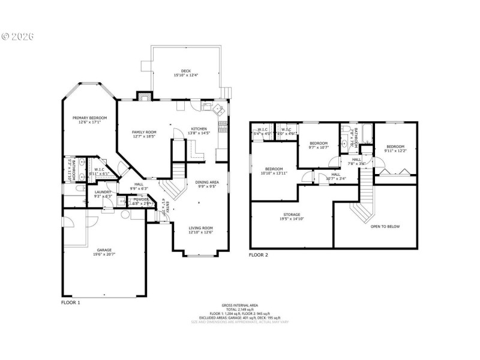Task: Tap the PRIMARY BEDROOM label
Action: tap(89, 118)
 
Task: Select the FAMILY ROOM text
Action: tap(144, 132)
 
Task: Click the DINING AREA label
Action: tap(206, 182)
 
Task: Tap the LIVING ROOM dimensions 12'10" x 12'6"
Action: tap(200, 232)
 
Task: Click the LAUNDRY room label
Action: tap(103, 192)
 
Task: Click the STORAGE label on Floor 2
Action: tap(292, 214)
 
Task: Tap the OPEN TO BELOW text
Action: tap(385, 226)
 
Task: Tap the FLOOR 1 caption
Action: tap(70, 302)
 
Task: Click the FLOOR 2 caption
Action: tap(259, 255)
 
